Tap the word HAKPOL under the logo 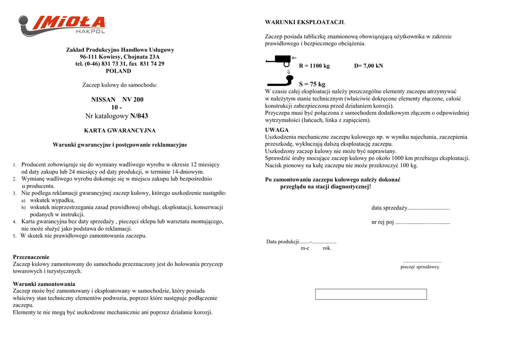[90, 32]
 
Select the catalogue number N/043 [139, 116]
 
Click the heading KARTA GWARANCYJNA [120, 131]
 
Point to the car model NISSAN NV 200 [117, 99]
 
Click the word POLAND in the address [118, 71]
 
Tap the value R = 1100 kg [314, 66]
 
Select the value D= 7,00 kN [368, 66]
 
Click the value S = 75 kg [312, 85]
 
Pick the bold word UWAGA [277, 130]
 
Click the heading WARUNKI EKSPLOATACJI [305, 22]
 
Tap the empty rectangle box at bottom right [371, 294]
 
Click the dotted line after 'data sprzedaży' [428, 208]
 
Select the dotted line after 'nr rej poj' [423, 222]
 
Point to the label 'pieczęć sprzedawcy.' [421, 267]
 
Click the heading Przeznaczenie [31, 257]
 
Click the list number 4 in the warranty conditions [15, 222]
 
